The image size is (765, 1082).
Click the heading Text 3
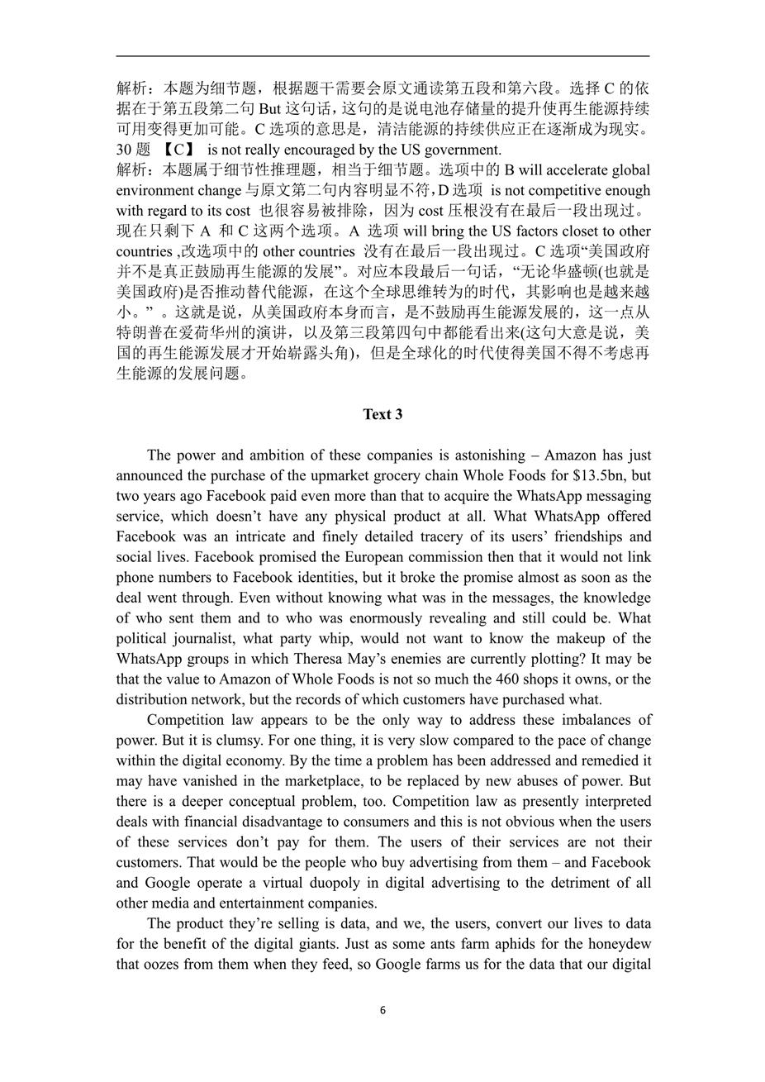coord(382,414)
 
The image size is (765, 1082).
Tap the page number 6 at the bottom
coord(382,1010)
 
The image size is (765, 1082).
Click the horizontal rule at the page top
coord(382,57)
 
